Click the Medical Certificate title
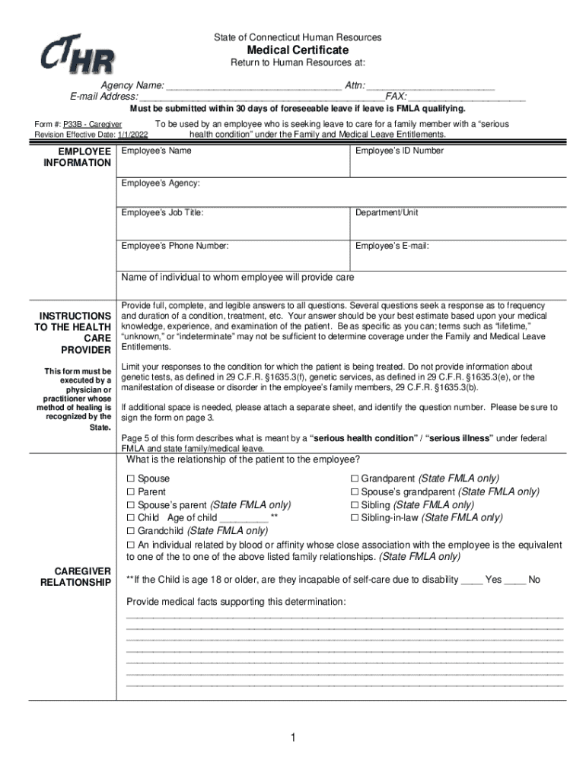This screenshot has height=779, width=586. (298, 49)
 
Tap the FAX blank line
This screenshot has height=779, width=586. (466, 97)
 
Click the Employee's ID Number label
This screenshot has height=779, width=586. (399, 151)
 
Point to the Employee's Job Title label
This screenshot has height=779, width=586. (162, 213)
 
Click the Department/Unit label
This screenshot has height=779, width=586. (387, 213)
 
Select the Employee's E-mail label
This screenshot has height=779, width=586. (392, 246)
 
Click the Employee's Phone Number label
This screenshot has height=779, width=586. (174, 246)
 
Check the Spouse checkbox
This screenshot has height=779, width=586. (130, 479)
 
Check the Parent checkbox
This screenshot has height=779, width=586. (130, 492)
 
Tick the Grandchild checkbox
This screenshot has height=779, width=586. (130, 531)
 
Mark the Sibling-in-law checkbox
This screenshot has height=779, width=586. (354, 518)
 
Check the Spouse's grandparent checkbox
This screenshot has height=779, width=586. (354, 492)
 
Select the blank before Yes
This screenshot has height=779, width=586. (472, 580)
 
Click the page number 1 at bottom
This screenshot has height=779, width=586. (293, 739)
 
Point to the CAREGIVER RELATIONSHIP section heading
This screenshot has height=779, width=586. (76, 577)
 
